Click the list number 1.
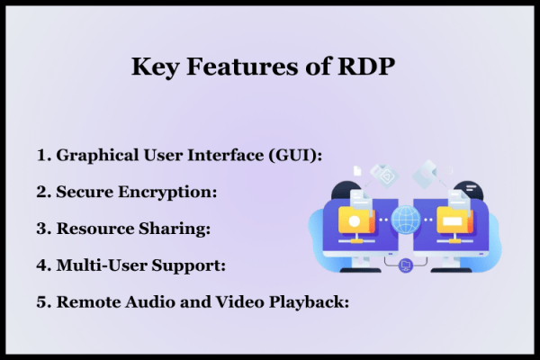coord(41,155)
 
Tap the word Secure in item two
coord(84,192)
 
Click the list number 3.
coord(41,229)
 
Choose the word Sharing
coord(177,229)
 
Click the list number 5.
coord(41,301)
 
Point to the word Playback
coord(311,301)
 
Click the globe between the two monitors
coord(407,219)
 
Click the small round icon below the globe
coord(406,264)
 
